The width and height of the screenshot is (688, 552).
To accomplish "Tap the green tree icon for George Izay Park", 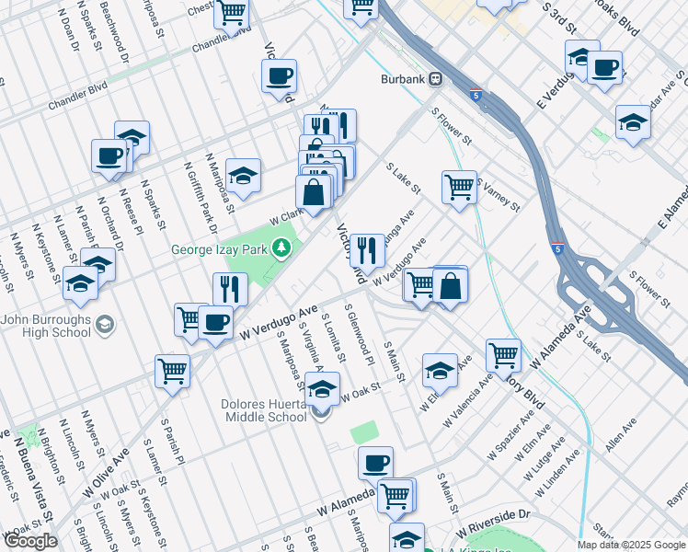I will point(285,249).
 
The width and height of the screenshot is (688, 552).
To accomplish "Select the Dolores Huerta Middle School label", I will point(263,410).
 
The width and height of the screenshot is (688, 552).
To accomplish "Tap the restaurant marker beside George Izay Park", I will point(230,290).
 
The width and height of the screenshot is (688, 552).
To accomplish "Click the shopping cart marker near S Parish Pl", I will point(172,371).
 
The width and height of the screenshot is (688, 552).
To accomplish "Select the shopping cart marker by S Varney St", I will point(459,187).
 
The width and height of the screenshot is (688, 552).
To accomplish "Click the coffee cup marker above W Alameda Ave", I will point(375,463).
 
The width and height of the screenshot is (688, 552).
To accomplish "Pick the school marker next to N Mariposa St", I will point(243,175).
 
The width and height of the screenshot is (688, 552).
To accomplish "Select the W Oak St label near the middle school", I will point(360,397).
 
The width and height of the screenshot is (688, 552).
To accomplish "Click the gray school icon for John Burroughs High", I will point(105,325).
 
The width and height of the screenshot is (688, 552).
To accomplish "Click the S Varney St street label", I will point(499,195).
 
